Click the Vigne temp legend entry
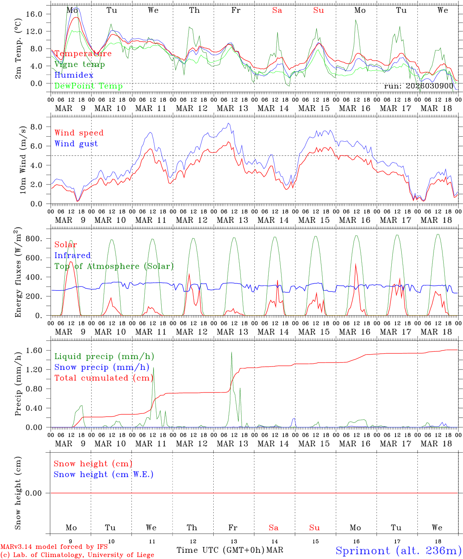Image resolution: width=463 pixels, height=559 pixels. pyautogui.click(x=79, y=64)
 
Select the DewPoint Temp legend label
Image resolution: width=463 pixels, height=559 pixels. pyautogui.click(x=88, y=86)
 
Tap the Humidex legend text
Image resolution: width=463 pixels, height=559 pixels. pyautogui.click(x=74, y=75)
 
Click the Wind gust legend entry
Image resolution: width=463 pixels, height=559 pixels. pyautogui.click(x=76, y=144)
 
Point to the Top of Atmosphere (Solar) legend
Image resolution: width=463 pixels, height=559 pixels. pyautogui.click(x=114, y=266)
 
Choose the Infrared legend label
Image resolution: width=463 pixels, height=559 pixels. pyautogui.click(x=73, y=255)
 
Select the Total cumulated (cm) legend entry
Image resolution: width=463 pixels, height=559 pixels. pyautogui.click(x=104, y=378)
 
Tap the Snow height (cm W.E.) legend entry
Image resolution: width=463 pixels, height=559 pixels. pyautogui.click(x=104, y=474)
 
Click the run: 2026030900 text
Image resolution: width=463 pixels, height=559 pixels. pyautogui.click(x=418, y=86)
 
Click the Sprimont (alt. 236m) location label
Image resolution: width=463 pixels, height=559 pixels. pyautogui.click(x=398, y=550)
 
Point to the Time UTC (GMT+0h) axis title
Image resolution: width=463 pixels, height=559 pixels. pyautogui.click(x=220, y=550)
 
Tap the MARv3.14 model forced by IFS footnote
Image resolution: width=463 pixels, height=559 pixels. pyautogui.click(x=54, y=547)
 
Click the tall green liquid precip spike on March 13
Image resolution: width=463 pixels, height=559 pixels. pyautogui.click(x=231, y=353)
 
